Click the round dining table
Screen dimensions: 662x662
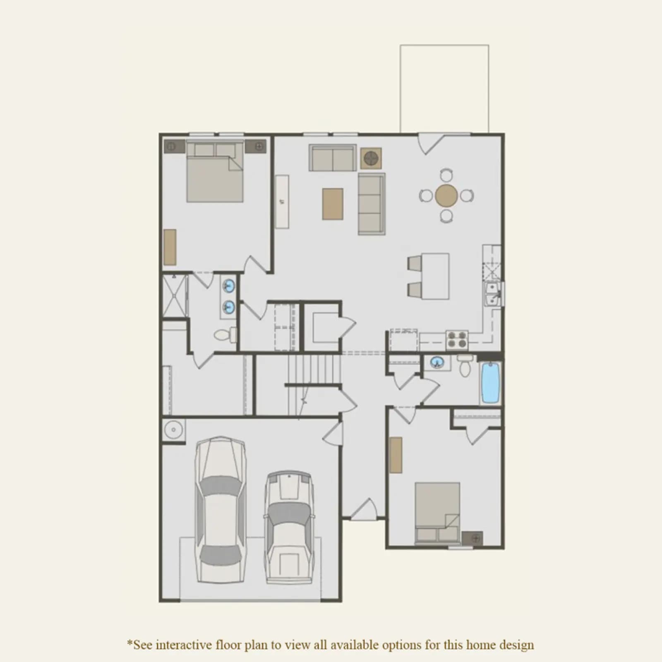446,195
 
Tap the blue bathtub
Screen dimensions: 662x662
491,383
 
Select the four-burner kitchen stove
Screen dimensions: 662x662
457,339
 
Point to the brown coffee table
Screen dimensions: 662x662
333,204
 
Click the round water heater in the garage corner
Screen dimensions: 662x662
173,431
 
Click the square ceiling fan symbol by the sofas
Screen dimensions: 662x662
371,158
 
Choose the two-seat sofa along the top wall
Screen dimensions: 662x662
333,158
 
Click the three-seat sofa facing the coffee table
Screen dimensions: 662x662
372,204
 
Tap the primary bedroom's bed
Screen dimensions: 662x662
215,171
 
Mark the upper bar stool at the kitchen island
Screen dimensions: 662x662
414,262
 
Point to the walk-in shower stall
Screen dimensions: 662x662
175,296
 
